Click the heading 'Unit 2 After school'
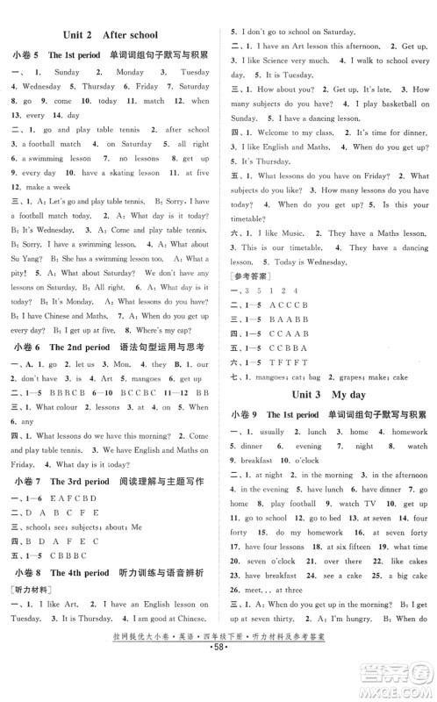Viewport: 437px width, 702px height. click(111, 36)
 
